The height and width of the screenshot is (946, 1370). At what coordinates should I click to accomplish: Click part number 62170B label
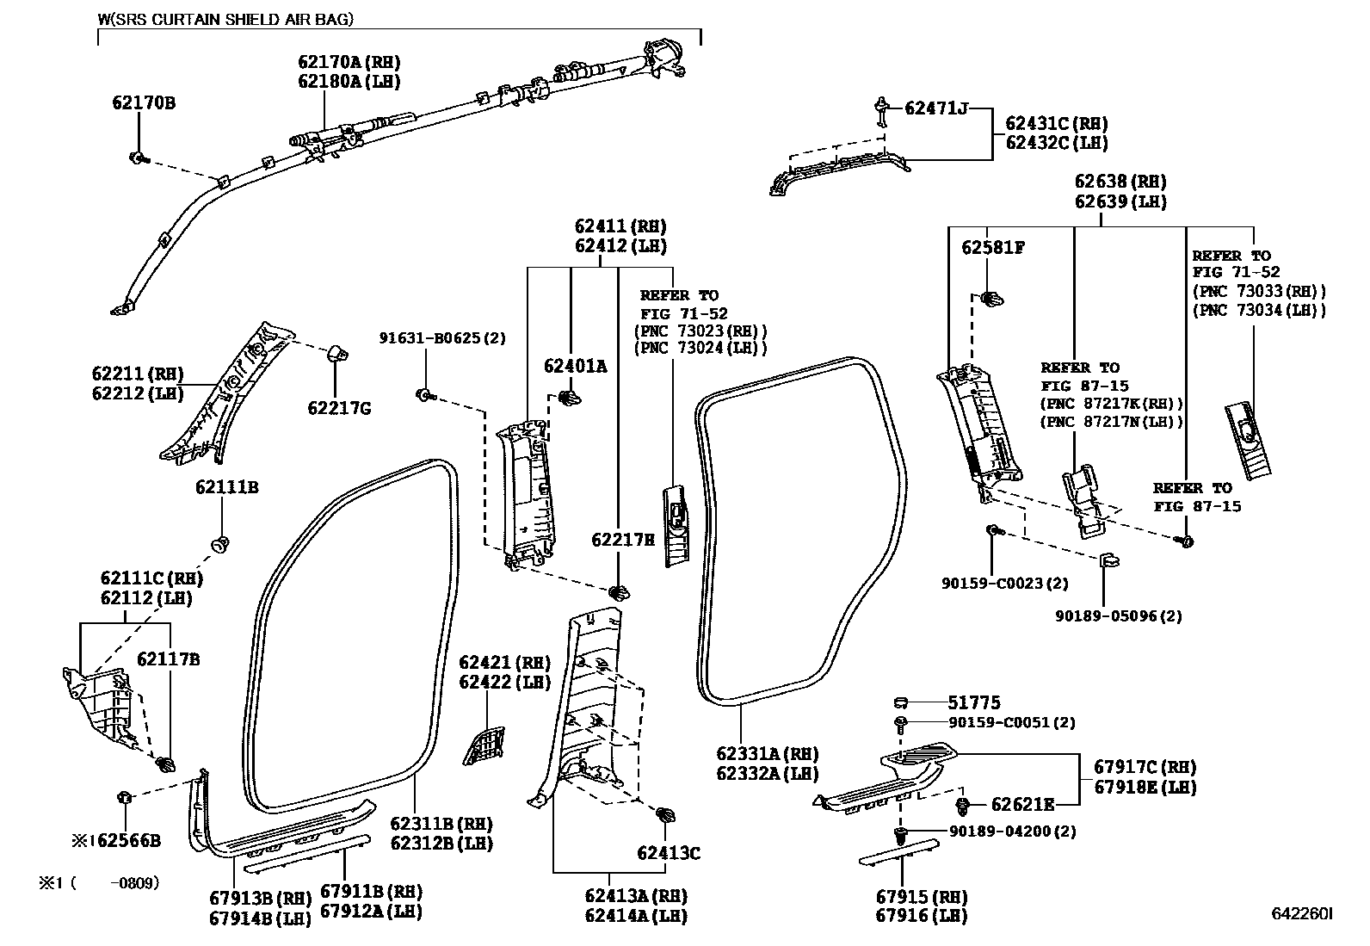(x=143, y=103)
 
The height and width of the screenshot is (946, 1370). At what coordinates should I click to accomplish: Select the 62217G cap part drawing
(x=338, y=354)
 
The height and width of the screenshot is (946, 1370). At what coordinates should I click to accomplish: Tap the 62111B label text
(x=226, y=488)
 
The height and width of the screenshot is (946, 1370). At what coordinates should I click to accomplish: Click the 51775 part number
(x=974, y=703)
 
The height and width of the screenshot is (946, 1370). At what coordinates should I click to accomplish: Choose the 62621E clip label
(x=1022, y=805)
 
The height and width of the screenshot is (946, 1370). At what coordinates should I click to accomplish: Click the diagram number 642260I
(x=1302, y=913)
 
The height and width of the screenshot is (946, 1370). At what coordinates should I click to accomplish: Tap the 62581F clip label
(x=993, y=248)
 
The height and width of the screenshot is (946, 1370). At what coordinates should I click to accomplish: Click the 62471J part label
(x=935, y=108)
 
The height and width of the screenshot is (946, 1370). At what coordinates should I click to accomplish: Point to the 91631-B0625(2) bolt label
(x=442, y=338)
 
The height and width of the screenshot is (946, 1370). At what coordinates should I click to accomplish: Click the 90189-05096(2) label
(x=1118, y=616)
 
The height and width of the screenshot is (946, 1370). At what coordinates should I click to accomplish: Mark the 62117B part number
(x=169, y=659)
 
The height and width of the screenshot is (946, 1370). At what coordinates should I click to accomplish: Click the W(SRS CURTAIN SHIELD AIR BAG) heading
(x=226, y=19)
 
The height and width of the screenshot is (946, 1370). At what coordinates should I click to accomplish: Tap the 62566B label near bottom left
(x=127, y=841)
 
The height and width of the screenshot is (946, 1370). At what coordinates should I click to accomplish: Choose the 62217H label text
(x=623, y=540)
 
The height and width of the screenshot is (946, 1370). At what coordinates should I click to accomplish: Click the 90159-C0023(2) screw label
(x=1004, y=584)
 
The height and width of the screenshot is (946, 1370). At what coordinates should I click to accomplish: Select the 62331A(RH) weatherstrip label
(x=767, y=755)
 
